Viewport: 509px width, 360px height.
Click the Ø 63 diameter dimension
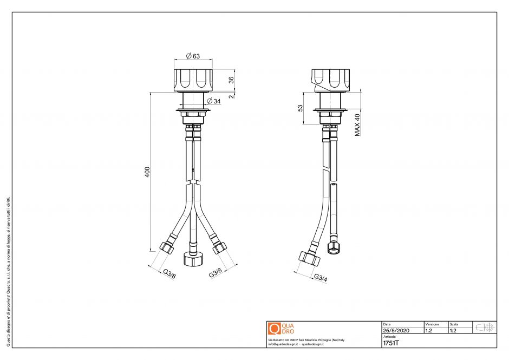193,56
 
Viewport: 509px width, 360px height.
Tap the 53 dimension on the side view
301,108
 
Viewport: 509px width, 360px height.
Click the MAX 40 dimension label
357,125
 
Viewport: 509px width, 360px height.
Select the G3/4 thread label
321,278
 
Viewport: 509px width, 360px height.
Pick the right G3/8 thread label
216,274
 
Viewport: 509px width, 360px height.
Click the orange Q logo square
274,329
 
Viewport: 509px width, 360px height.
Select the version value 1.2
429,330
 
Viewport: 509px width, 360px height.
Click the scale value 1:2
453,330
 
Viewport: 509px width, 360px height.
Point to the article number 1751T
390,342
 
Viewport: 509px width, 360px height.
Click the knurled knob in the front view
194,80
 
